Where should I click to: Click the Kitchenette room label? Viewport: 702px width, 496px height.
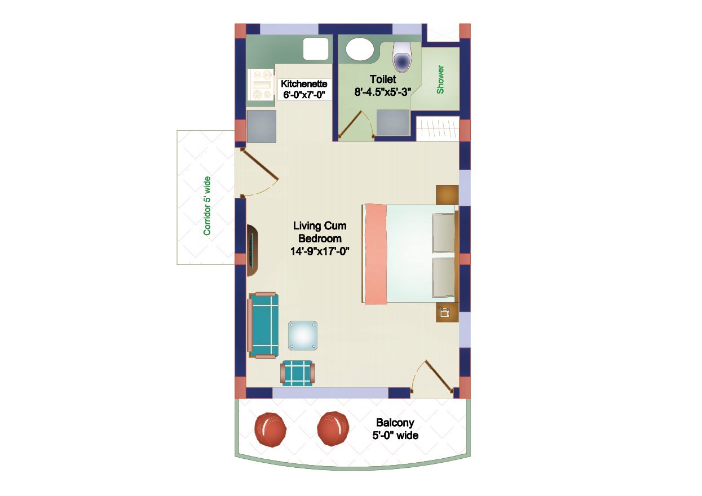point(304,83)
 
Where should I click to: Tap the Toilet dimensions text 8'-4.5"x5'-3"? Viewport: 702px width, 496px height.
point(383,92)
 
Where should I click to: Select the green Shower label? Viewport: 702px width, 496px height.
point(440,79)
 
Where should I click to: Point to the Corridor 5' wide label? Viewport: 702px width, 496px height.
point(207,206)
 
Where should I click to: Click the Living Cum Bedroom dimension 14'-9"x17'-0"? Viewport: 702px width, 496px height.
point(319,252)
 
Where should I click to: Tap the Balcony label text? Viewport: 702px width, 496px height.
point(395,423)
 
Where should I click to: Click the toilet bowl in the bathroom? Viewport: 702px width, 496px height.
point(402,59)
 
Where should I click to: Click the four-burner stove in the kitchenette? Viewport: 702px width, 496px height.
point(261,85)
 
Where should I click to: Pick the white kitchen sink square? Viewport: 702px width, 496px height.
point(316,49)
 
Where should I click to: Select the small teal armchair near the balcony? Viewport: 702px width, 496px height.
point(297,373)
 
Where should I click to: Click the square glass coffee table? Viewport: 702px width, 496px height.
point(303,336)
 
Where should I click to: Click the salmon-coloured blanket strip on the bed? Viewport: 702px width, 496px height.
point(375,254)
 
